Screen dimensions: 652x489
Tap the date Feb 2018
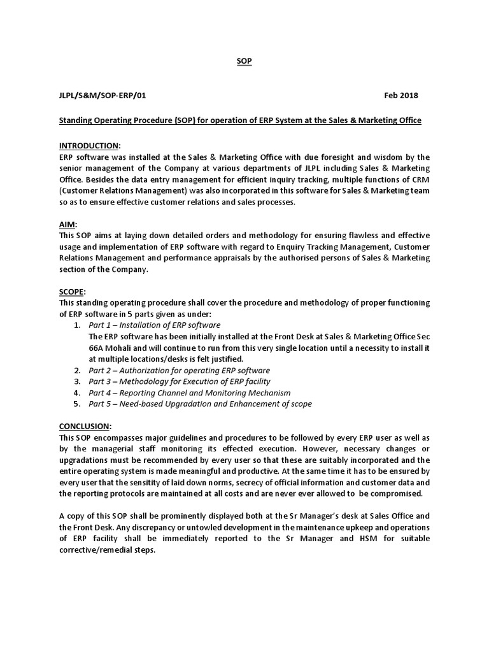401,96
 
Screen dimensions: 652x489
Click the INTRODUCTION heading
89,146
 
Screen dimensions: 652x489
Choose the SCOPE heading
72,291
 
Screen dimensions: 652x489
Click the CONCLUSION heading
85,425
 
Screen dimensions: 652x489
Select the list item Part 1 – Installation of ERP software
155,325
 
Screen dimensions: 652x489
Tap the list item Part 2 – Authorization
179,370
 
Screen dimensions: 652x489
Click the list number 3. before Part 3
76,381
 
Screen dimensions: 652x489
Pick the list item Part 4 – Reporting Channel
189,393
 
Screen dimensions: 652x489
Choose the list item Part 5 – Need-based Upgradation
200,404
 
